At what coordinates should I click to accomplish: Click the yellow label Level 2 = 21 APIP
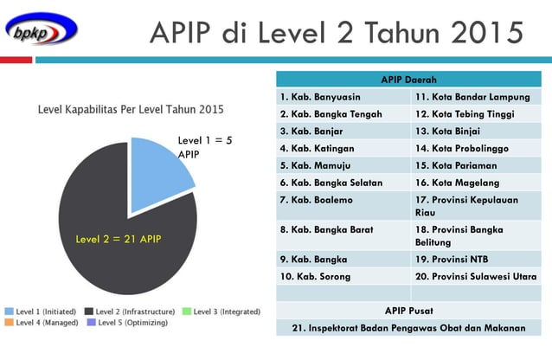coord(119,239)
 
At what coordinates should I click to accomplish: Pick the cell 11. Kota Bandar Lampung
coord(476,97)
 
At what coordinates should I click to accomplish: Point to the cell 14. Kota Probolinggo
coord(476,148)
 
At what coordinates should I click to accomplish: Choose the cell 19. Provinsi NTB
coord(476,259)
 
